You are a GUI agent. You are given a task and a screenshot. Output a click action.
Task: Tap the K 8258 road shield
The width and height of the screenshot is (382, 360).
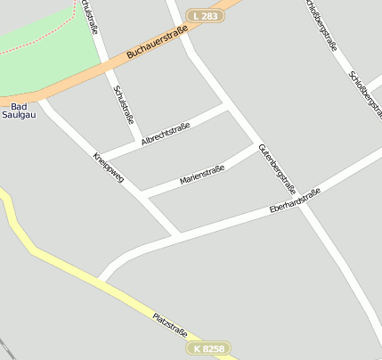(x=209, y=348)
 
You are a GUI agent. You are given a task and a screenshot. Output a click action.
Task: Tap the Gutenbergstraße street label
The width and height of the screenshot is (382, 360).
(x=276, y=168)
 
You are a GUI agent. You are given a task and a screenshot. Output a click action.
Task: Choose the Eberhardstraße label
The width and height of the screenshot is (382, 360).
(x=294, y=203)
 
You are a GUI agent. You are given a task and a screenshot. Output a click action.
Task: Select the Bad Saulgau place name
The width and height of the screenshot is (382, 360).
(x=18, y=110)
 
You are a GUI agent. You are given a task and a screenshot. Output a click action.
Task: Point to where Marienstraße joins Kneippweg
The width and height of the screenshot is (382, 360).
(x=142, y=193)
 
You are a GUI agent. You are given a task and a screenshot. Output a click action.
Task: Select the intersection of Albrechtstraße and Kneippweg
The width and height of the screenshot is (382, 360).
(x=99, y=157)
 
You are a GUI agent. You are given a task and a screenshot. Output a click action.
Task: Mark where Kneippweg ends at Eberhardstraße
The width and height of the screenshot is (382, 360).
(x=178, y=233)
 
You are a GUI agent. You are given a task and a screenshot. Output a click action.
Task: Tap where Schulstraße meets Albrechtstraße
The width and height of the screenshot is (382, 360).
(x=138, y=142)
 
